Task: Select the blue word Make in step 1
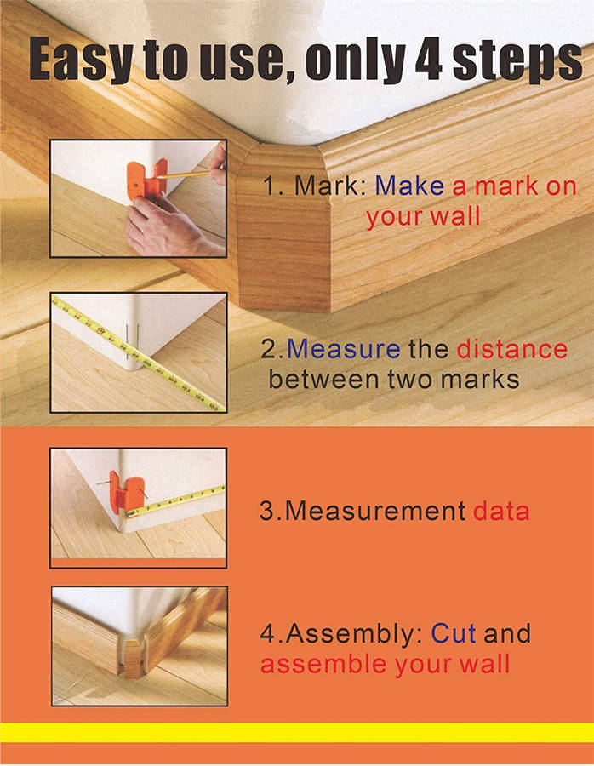point(409,186)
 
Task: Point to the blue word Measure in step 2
point(344,349)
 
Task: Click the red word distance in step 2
point(512,348)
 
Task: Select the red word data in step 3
point(501,511)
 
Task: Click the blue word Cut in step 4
point(453,633)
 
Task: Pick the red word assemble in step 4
point(324,665)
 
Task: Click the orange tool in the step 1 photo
point(146,180)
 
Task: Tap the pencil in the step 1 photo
point(189,174)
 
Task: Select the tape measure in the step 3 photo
point(176,501)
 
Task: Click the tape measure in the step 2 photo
point(140,352)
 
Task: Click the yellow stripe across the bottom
point(297,733)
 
